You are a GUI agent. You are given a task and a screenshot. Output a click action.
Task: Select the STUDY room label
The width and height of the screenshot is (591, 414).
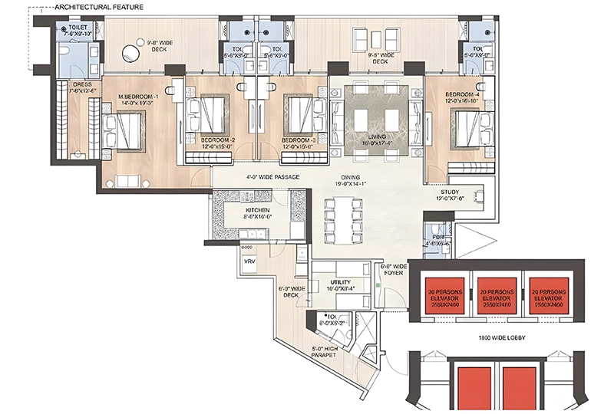point(451,195)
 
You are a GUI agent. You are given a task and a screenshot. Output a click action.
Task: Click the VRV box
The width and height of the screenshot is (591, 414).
point(249,262)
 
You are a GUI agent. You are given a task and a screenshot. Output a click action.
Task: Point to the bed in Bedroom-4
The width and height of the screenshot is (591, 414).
point(468,129)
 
